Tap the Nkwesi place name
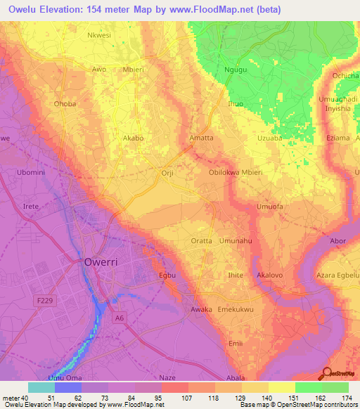[98, 34]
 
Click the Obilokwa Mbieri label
[236, 172]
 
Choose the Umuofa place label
[269, 207]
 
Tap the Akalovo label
[271, 275]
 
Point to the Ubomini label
[30, 172]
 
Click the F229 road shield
[44, 300]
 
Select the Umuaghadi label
[339, 99]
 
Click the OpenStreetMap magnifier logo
[326, 372]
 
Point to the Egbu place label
[167, 275]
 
